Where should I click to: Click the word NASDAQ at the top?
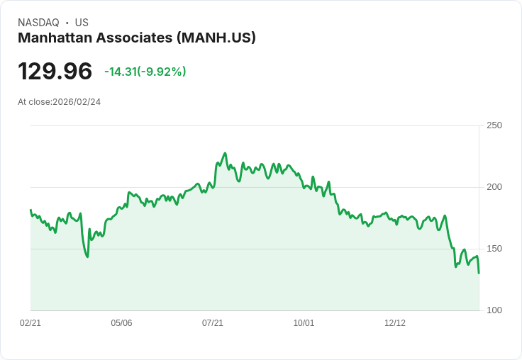coord(38,23)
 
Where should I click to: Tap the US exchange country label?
coord(82,23)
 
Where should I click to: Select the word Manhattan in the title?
coord(55,38)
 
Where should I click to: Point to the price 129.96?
coord(55,72)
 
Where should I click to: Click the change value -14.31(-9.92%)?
coord(145,72)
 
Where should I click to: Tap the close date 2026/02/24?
coord(77,102)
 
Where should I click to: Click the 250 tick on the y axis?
coord(494,125)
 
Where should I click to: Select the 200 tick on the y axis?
coord(494,187)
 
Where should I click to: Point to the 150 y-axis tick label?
coord(494,249)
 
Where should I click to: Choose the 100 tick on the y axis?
coord(494,310)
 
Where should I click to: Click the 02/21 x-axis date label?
coord(30,323)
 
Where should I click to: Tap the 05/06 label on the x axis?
coord(121,323)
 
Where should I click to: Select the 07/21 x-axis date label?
coord(213,323)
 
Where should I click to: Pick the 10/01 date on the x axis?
coord(304,323)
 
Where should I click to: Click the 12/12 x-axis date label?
coord(395,323)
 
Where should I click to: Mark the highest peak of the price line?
coord(225,153)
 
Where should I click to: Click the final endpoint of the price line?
coord(479,273)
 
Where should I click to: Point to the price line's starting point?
coord(30,210)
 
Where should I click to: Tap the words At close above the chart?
coord(35,102)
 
